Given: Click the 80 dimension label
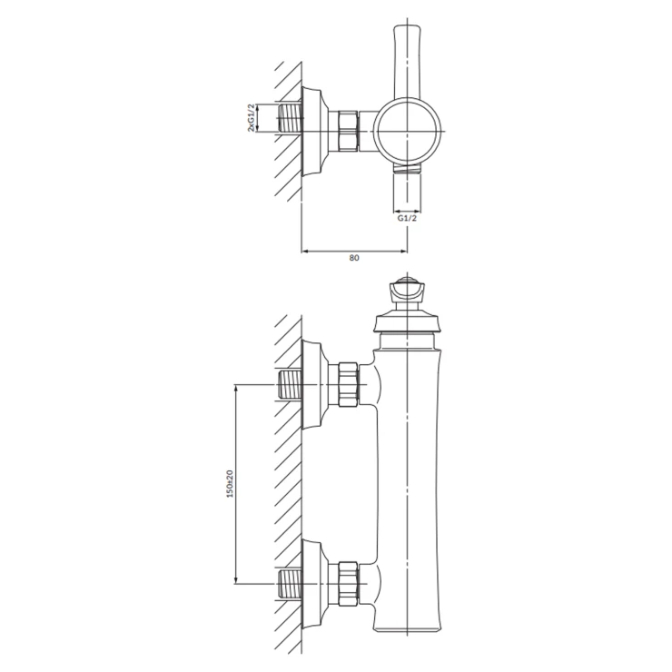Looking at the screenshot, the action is (x=354, y=258).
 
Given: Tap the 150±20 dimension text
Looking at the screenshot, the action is (x=230, y=484).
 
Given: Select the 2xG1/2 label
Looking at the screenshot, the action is (x=252, y=117).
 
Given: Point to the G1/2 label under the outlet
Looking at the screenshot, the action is (x=407, y=218).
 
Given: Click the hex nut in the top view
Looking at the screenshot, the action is (x=348, y=131).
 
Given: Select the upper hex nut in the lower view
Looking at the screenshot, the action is (x=348, y=384).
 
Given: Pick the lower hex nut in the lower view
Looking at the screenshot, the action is (x=348, y=584).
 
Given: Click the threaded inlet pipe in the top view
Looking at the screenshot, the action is (x=291, y=118).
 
